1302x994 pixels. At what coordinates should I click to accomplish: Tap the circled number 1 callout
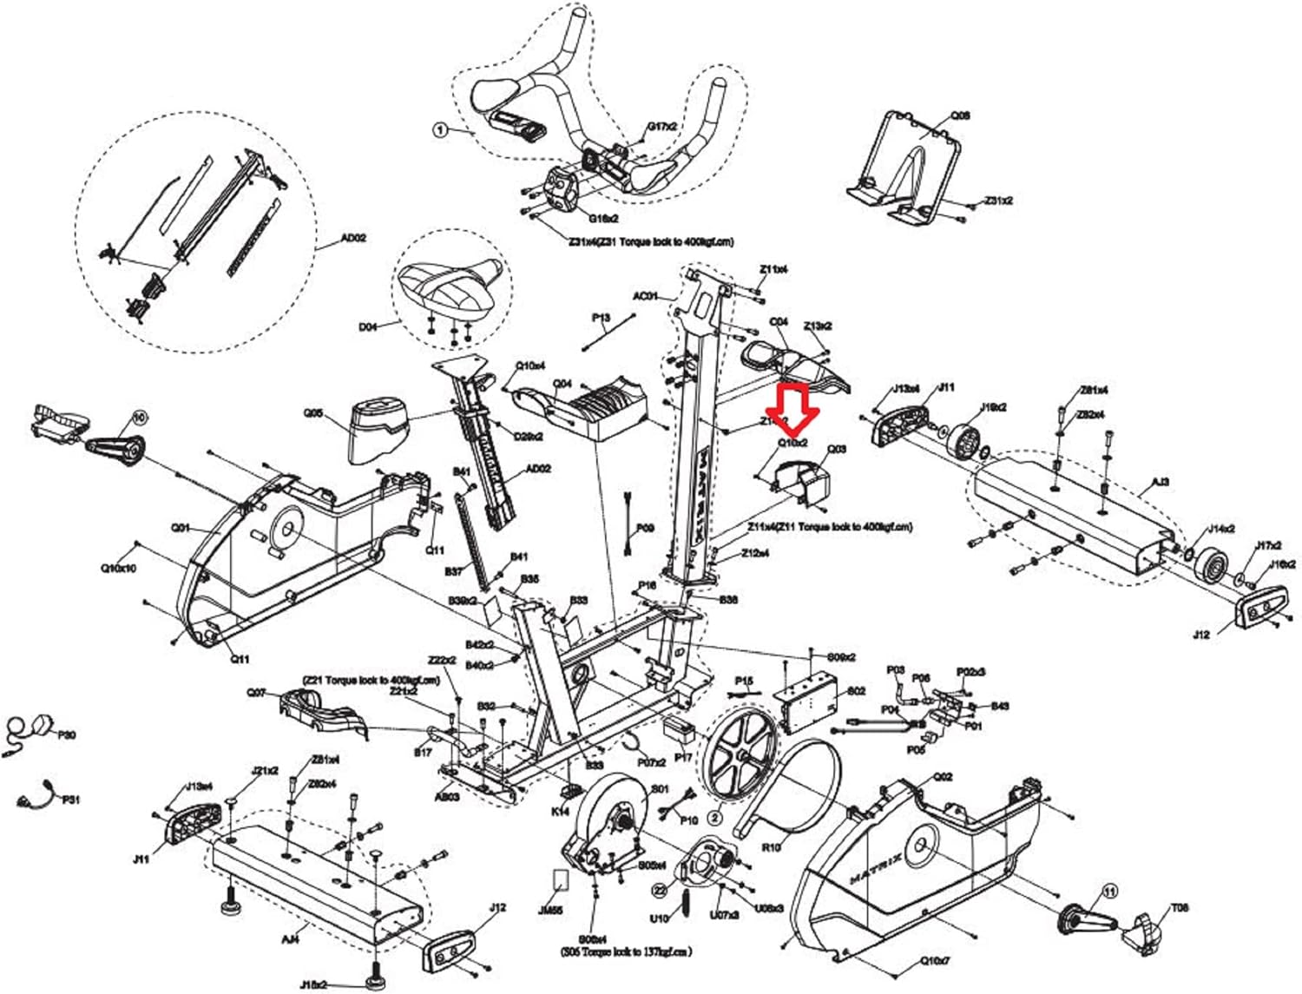(440, 130)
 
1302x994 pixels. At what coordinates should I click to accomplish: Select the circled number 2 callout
(715, 817)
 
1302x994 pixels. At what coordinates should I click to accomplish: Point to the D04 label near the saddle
(369, 327)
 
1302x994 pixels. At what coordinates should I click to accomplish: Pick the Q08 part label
(960, 115)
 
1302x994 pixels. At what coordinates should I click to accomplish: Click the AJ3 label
(1161, 483)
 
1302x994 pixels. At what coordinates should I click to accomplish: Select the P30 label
(67, 734)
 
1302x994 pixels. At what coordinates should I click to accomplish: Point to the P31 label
(70, 799)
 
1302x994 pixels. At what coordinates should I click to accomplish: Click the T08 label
(1180, 908)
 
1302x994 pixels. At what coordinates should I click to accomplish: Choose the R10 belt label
(771, 846)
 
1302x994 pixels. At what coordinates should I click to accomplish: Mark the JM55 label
(550, 911)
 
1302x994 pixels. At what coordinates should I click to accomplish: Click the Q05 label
(313, 413)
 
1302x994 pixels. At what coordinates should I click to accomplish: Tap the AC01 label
(645, 296)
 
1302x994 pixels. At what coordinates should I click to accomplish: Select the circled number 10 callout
(139, 418)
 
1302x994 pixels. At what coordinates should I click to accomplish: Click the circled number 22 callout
(660, 890)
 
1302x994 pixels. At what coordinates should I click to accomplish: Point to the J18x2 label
(313, 984)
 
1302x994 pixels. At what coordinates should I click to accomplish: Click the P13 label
(602, 318)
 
